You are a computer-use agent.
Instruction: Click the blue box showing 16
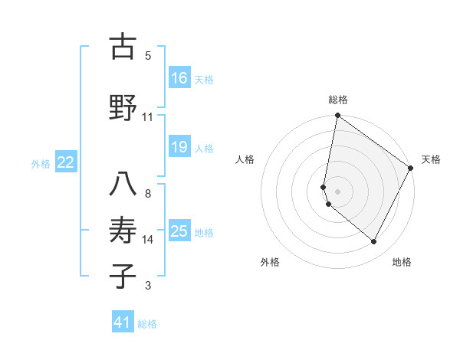[179, 78]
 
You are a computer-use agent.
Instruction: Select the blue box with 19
[179, 147]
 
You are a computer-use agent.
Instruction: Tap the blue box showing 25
[179, 231]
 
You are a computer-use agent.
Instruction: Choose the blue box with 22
[66, 162]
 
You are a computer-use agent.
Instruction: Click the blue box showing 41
[123, 322]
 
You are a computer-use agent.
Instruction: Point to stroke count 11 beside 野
[148, 117]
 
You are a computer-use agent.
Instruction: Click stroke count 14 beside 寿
[148, 240]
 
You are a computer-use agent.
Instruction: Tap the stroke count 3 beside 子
[148, 286]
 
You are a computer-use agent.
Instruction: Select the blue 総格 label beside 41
[147, 324]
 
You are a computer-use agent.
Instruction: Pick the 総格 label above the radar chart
[338, 100]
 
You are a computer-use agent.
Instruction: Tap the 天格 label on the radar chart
[431, 159]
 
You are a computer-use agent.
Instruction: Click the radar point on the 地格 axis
[374, 242]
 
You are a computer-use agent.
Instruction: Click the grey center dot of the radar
[338, 191]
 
